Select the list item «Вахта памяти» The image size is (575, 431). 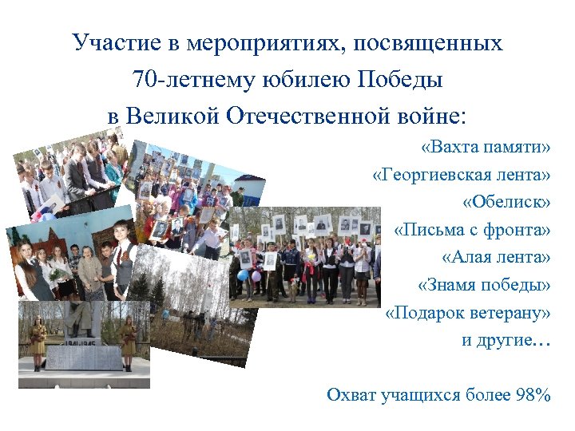tap(486, 148)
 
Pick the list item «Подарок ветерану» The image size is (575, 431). tap(468, 312)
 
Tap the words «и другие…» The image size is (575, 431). tap(506, 340)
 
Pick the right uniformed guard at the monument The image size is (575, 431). tap(128, 335)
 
